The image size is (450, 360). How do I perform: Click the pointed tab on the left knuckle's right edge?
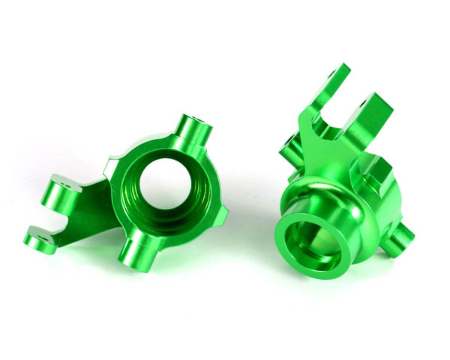click(224, 216)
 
